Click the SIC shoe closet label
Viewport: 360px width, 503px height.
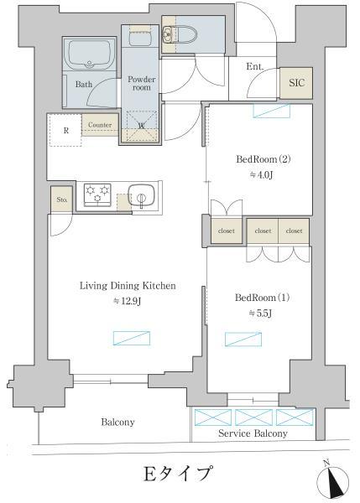tap(296, 83)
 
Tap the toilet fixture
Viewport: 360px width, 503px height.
tap(180, 34)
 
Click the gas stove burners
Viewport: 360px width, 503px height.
tap(97, 193)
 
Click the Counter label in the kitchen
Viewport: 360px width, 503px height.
tap(100, 125)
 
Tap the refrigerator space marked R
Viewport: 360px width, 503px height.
tap(65, 130)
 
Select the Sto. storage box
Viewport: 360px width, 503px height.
tap(61, 200)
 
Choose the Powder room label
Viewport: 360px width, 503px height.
tap(142, 83)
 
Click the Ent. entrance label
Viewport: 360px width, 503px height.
tap(254, 66)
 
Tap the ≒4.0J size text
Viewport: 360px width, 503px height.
tap(262, 175)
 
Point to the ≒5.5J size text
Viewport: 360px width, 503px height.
tap(260, 314)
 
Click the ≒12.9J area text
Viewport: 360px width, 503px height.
tap(127, 301)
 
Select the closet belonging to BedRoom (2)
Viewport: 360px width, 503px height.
tap(227, 231)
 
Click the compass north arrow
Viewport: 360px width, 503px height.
tap(332, 480)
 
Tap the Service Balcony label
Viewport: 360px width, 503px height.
tap(253, 433)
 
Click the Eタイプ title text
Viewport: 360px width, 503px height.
tap(178, 474)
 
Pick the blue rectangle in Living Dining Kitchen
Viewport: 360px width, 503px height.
tap(132, 338)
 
